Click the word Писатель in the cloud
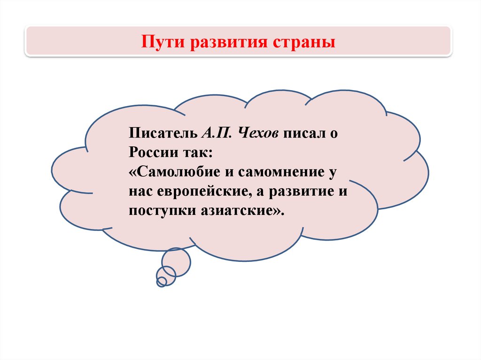click(163, 133)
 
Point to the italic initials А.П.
click(217, 133)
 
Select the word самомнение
click(281, 172)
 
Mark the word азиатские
click(237, 211)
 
